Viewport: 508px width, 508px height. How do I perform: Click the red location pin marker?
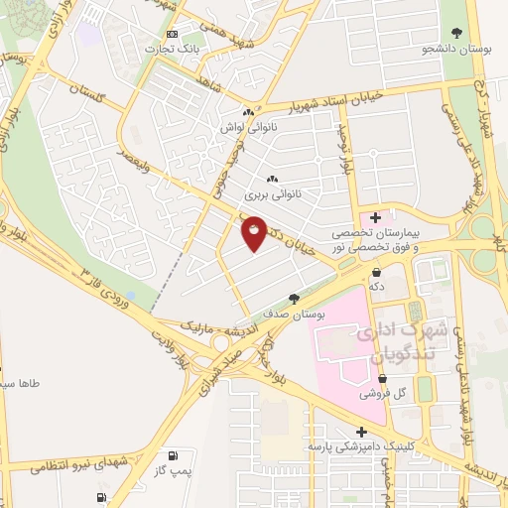click(x=254, y=233)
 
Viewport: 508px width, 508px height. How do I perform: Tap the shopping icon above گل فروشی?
click(x=384, y=379)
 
